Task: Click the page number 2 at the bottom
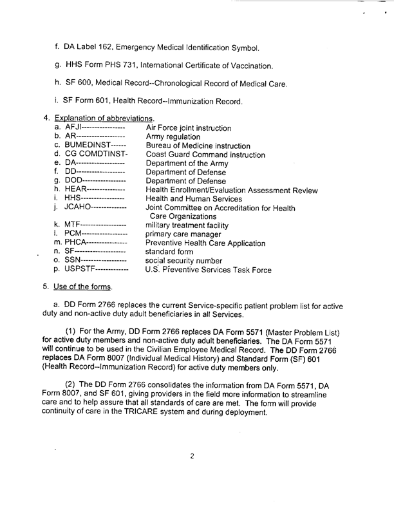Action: [x=192, y=457]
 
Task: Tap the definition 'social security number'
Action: [x=184, y=261]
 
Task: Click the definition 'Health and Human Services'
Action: [x=196, y=199]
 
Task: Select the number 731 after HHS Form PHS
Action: [x=145, y=66]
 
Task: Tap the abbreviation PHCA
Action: [x=82, y=243]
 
